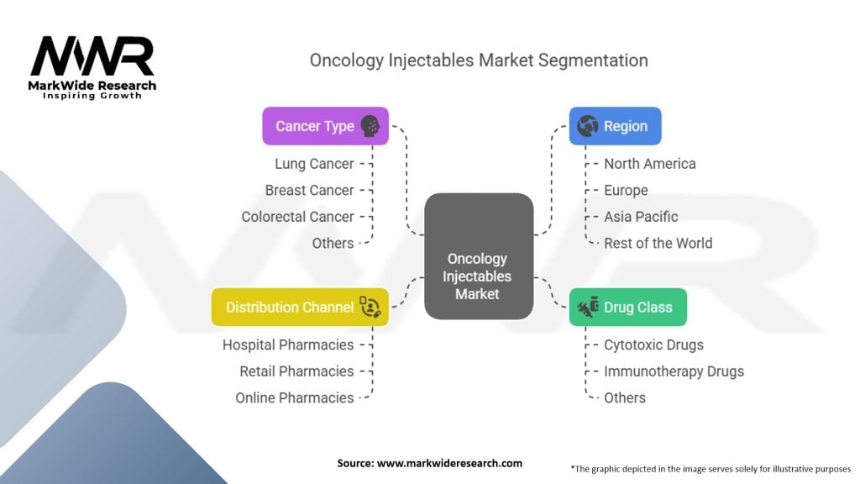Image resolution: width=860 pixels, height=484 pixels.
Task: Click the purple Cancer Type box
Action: [325, 126]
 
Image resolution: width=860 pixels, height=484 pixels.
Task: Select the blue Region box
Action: [615, 126]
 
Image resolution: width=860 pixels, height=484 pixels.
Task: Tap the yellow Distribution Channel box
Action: [300, 308]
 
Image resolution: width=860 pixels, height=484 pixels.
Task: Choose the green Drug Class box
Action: [628, 308]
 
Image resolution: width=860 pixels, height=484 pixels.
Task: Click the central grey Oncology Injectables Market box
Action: [479, 256]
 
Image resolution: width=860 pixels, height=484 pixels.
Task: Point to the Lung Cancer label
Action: [314, 164]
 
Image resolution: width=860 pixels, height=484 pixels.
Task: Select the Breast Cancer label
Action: [309, 191]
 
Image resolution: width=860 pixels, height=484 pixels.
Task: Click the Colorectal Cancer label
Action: [298, 217]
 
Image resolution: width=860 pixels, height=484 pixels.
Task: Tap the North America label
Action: [650, 164]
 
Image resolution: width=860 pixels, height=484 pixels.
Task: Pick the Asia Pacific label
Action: [641, 217]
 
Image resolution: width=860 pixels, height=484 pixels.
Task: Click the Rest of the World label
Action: [658, 243]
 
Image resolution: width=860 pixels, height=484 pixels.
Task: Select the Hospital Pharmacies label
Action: [288, 345]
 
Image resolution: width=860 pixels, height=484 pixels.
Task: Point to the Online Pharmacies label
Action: [295, 397]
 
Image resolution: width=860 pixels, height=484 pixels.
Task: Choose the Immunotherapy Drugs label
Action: [674, 371]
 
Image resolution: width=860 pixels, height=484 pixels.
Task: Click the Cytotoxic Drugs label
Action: [653, 345]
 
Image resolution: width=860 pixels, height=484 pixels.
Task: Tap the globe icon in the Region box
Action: [587, 126]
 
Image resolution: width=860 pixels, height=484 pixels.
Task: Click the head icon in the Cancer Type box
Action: [370, 126]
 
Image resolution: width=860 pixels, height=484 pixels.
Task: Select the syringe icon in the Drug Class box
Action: [588, 308]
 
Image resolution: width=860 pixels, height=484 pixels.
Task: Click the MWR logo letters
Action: [92, 55]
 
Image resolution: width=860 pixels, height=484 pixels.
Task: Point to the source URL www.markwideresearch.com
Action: [450, 463]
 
